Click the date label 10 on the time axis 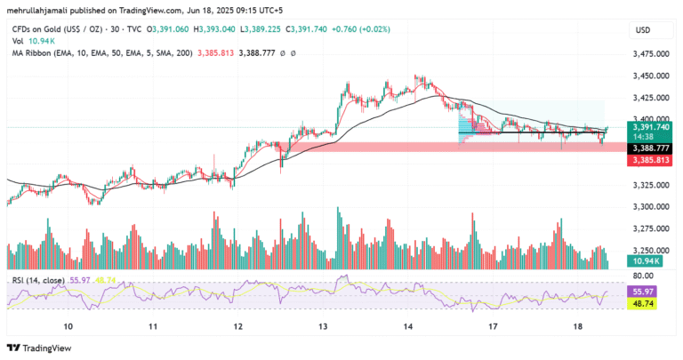[x=68, y=327]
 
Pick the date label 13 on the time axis [x=323, y=327]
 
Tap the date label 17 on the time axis [x=493, y=327]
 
